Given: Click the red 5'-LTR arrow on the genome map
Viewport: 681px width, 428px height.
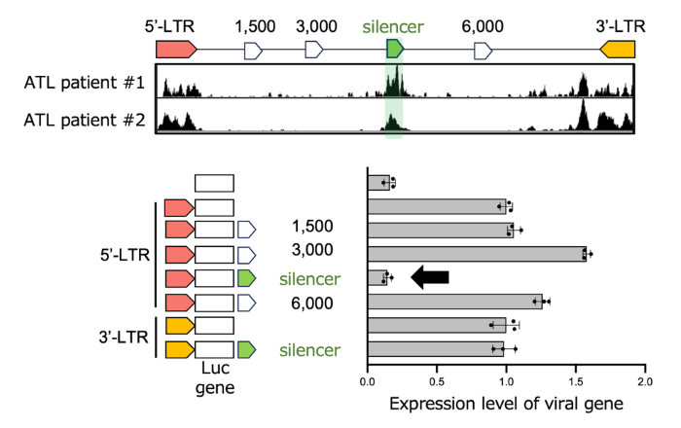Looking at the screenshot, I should [x=175, y=49].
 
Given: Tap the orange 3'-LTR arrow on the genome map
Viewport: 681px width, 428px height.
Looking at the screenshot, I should [x=618, y=49].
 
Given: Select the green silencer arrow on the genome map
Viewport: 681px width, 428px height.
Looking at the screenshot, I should [x=395, y=49].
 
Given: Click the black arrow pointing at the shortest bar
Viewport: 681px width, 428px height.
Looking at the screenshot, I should [x=429, y=278].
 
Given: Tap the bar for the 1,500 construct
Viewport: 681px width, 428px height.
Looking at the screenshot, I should [x=440, y=230].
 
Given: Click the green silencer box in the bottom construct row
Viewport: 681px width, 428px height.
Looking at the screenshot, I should [x=246, y=348].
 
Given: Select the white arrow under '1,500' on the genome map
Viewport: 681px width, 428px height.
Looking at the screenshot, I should [x=253, y=49].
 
